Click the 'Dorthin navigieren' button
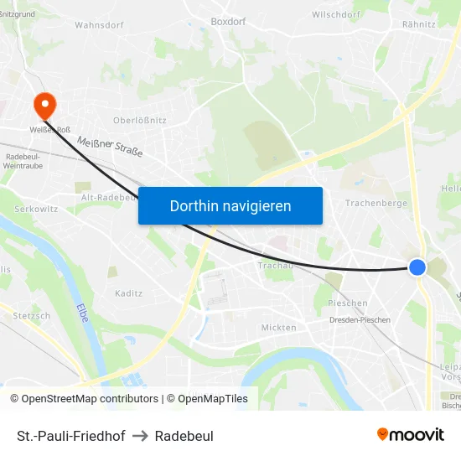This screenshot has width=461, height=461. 230,205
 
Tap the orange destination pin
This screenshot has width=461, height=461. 43,104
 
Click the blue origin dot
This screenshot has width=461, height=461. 417,267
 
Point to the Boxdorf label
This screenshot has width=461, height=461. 228,22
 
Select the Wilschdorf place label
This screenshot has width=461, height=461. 335,14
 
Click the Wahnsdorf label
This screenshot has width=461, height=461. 99,25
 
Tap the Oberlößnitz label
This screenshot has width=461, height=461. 136,121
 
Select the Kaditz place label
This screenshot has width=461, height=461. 128,293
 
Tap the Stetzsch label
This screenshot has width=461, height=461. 31,316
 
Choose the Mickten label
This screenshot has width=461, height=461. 278,328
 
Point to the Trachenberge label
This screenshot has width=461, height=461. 376,203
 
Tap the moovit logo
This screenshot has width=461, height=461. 410,434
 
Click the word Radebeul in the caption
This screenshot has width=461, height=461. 184,436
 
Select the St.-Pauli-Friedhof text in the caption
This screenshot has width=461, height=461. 70,436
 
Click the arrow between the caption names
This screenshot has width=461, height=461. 140,436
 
